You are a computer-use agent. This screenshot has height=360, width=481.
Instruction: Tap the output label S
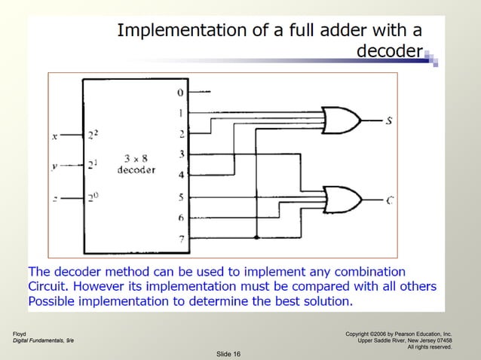tap(388, 120)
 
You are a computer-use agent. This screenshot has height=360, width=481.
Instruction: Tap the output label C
tap(390, 200)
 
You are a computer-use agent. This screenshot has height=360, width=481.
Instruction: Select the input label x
tap(54, 136)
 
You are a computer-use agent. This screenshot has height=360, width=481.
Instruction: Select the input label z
tap(54, 199)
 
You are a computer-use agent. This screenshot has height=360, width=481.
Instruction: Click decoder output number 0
tap(180, 93)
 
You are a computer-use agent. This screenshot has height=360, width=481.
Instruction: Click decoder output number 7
tap(180, 238)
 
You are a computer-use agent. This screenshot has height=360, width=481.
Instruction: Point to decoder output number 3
tap(180, 154)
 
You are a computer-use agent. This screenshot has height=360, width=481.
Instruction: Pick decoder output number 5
tap(180, 197)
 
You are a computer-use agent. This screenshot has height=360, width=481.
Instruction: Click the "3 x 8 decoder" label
tap(136, 164)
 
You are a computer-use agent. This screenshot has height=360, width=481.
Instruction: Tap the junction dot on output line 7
tap(257, 238)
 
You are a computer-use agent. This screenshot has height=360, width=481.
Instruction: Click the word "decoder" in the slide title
tap(388, 51)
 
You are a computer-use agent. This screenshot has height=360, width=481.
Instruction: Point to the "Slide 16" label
tap(228, 353)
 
